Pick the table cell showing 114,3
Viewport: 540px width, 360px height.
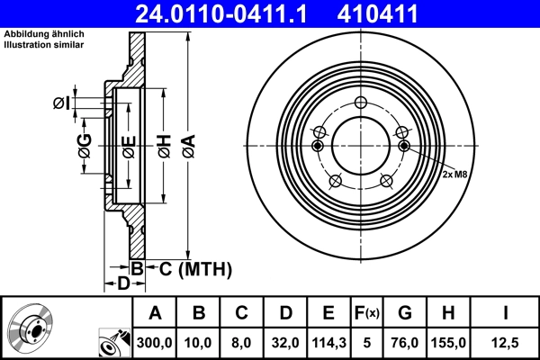coord(328,343)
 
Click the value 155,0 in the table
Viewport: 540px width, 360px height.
coord(449,343)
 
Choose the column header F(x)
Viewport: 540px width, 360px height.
coord(367,313)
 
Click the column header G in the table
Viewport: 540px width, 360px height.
coord(405,313)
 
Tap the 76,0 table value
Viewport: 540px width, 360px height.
coord(405,343)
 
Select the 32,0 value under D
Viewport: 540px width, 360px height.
coord(285,343)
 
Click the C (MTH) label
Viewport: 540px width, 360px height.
coord(195,268)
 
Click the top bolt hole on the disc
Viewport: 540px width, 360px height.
coord(360,103)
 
